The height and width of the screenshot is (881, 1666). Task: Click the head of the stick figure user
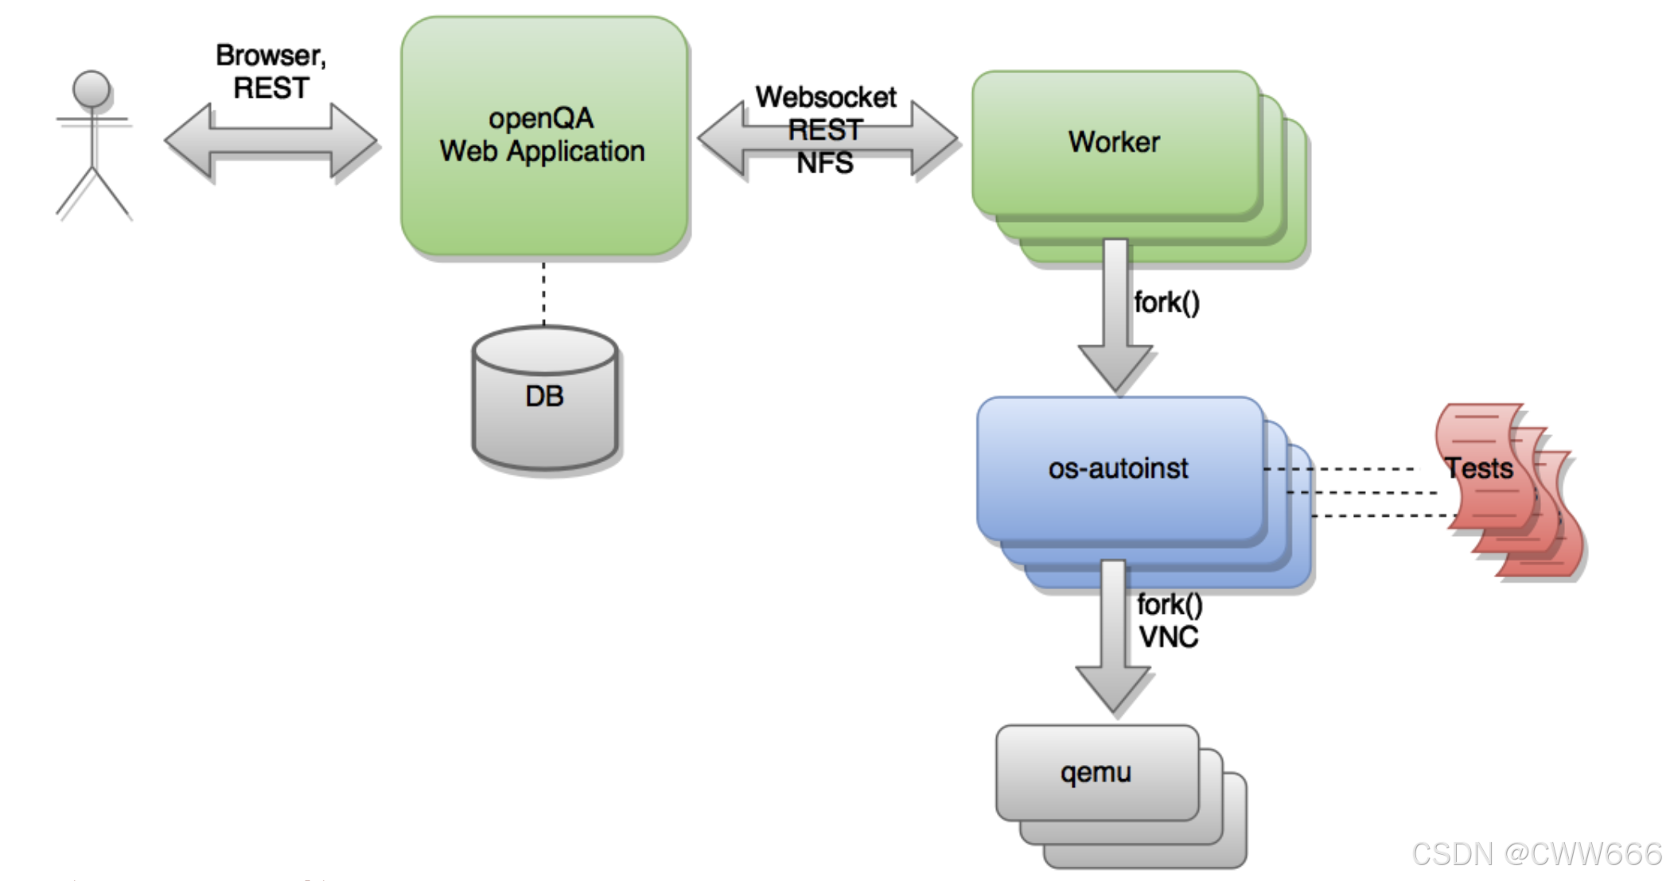point(91,88)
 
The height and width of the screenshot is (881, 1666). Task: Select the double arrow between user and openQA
point(271,141)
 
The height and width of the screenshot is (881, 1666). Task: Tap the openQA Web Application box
point(544,199)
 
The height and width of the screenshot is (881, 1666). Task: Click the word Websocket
point(825,97)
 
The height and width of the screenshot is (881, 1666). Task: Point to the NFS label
point(825,163)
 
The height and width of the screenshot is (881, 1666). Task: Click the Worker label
point(1114,142)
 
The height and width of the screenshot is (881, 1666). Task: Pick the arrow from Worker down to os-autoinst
point(1115,318)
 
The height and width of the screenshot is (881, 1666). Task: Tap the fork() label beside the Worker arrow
point(1166,303)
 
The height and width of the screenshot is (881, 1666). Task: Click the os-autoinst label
point(1118,468)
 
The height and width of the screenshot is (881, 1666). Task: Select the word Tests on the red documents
point(1479,468)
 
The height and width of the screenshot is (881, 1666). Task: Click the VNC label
point(1168,637)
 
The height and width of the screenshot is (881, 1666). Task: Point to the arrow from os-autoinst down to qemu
point(1113,636)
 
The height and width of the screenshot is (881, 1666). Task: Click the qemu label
point(1096,772)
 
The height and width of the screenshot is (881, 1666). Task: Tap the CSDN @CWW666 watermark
point(1536,853)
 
